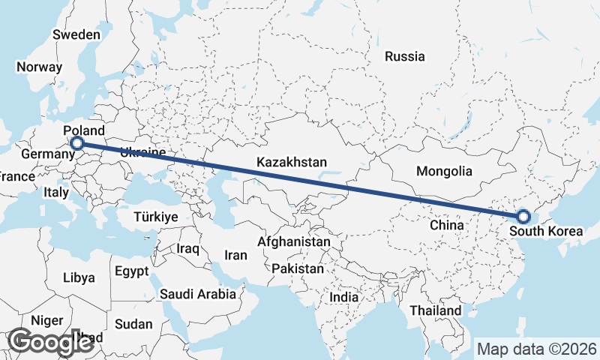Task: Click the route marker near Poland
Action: point(76,143)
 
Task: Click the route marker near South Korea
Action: point(523,217)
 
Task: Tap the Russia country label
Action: point(404,56)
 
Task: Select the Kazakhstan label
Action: point(292,162)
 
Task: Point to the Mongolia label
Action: point(444,171)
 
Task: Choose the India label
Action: point(344,297)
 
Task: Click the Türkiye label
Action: point(155,217)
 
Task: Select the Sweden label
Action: point(76,34)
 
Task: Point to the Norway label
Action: point(38,67)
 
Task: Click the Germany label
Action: point(46,154)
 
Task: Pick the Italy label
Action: point(56,192)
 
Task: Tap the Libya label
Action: point(79,277)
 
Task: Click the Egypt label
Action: point(133,271)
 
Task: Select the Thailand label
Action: point(436,310)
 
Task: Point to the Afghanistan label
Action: point(294,242)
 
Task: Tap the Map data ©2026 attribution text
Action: point(536,349)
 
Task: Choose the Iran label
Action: point(235,255)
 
